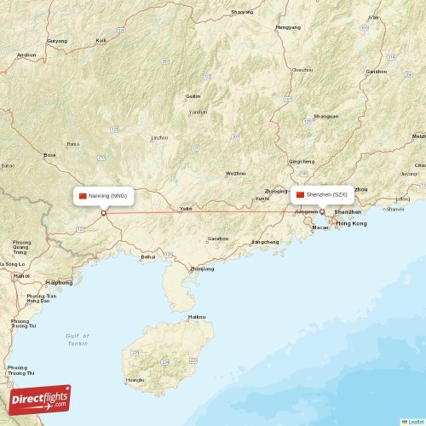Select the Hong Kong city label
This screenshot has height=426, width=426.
pos(352,223)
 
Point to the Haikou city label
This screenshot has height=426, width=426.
pos(197,317)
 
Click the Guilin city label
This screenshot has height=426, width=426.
pos(193,96)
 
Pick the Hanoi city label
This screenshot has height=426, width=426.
pos(22,276)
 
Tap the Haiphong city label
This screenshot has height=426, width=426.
pos(60,282)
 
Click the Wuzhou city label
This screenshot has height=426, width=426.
pos(235,173)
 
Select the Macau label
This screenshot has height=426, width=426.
pos(320,227)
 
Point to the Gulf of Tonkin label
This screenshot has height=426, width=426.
pos(78,339)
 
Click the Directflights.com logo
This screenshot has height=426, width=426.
pos(40,399)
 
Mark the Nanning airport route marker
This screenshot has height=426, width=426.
pos(104,213)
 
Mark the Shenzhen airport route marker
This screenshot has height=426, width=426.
pos(322,212)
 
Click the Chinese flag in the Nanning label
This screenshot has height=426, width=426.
pos(83,196)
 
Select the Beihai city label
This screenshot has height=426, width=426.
pos(148,256)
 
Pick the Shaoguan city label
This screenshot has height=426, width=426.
pos(325,116)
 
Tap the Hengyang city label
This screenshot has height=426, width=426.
pos(288,27)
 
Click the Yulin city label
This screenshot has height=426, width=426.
pos(186,209)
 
